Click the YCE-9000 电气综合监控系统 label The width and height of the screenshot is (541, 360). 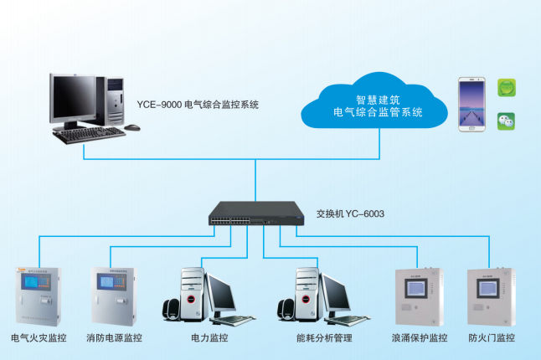coord(198,105)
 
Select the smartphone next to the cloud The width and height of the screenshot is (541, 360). coord(472,104)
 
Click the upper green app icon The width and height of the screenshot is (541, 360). coord(506,86)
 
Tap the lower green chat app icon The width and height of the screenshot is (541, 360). coord(506,121)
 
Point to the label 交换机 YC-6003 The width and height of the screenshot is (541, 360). coord(350,214)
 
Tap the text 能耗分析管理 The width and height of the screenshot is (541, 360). coord(324,338)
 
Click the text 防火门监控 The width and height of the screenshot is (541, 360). coord(492,338)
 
